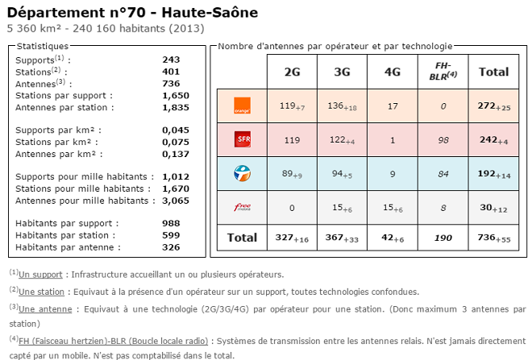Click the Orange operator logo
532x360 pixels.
[241, 106]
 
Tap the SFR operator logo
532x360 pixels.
[241, 139]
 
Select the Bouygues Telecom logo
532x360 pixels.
[241, 172]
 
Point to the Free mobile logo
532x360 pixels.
[241, 207]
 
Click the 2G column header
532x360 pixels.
[293, 72]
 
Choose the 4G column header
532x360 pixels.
[393, 72]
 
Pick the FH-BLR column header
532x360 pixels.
[443, 71]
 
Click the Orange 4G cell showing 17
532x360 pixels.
[393, 106]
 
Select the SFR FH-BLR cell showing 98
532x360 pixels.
[443, 139]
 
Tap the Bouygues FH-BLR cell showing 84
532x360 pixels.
[443, 172]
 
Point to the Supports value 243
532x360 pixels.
[171, 60]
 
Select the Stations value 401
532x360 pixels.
[171, 71]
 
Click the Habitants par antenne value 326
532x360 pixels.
[171, 247]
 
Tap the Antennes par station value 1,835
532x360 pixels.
[175, 107]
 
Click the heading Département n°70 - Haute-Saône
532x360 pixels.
[133, 12]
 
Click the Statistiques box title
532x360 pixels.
[43, 46]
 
